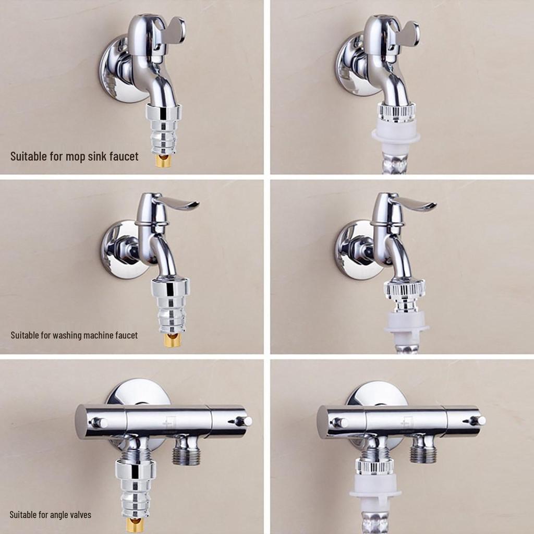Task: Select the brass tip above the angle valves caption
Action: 135,524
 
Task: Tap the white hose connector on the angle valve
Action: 375,487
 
